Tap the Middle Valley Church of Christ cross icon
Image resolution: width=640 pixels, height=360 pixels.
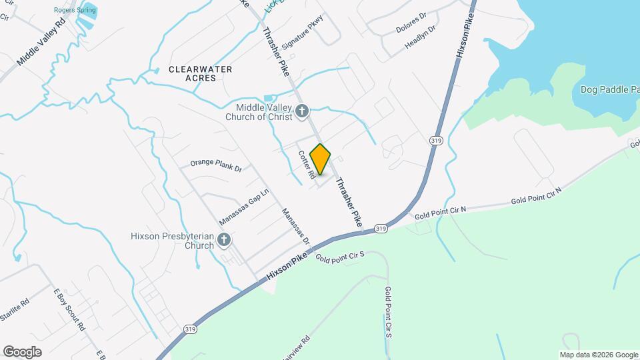(x=303, y=111)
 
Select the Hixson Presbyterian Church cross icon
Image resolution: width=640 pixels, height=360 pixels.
(x=225, y=239)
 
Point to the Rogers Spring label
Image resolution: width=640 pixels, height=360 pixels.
(x=75, y=10)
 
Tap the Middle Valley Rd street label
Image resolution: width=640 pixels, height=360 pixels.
(x=41, y=41)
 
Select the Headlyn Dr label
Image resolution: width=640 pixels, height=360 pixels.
(x=420, y=38)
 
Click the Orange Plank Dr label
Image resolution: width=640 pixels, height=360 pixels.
(x=215, y=165)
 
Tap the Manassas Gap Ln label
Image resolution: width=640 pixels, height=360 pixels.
(x=243, y=206)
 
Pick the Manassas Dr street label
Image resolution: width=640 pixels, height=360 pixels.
(x=295, y=226)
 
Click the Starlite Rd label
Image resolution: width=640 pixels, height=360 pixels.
(x=15, y=311)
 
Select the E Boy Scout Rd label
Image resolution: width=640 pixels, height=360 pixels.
(x=69, y=310)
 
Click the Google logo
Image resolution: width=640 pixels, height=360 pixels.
(x=22, y=351)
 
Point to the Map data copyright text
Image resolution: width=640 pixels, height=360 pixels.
(x=599, y=355)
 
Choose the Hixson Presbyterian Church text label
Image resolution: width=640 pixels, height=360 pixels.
(x=173, y=240)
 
